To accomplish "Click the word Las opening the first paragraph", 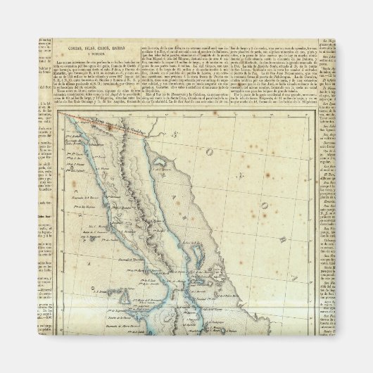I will (x=59, y=62).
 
